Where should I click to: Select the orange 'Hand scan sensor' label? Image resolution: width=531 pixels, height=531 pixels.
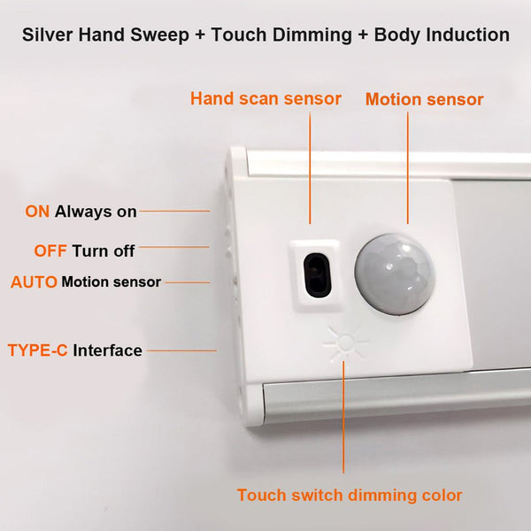265,99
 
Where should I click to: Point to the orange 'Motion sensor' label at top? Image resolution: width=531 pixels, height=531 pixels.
424,100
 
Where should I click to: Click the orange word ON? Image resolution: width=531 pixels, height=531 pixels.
37,212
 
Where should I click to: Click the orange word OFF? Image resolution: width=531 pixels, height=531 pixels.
50,250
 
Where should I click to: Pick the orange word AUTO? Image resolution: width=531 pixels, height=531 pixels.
34,282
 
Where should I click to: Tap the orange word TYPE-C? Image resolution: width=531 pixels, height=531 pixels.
37,350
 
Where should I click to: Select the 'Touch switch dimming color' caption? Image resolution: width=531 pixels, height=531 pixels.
349,495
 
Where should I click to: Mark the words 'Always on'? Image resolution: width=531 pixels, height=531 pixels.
96,212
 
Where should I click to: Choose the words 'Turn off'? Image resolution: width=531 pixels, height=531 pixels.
104,250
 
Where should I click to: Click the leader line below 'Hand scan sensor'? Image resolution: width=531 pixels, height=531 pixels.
310,168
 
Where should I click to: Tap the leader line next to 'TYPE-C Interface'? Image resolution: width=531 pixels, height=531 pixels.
181,350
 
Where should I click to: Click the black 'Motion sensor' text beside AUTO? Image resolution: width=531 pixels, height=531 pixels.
111,282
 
